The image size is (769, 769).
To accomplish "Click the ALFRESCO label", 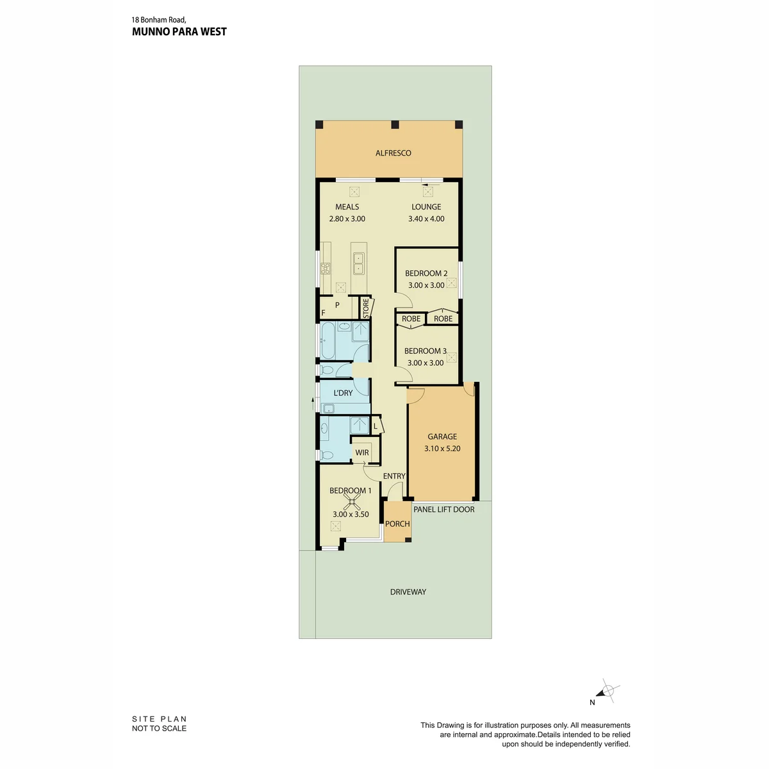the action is tap(393, 153).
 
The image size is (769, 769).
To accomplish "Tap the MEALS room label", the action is tap(347, 207).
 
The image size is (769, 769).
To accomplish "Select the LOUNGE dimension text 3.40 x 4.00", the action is tap(426, 219).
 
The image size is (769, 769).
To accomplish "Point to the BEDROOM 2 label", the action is tap(426, 274).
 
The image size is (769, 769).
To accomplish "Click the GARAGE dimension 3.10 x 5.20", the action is tap(442, 448).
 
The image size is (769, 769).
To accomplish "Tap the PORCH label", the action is tap(397, 524).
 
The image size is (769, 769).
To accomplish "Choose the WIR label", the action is tap(362, 452).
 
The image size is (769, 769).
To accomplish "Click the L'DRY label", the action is tap(343, 393).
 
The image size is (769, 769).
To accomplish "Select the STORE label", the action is tap(366, 308).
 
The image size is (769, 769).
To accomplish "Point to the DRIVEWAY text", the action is tap(408, 592).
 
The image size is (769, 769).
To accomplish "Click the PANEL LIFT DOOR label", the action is tap(443, 509).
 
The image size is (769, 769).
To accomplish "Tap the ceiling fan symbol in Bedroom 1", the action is tap(351, 502).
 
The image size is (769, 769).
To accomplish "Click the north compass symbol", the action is tap(608, 701).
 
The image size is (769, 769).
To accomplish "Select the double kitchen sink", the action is tap(359, 263).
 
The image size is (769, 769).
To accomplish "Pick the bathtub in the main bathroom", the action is tap(328, 340).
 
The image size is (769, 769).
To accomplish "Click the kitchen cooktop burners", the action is tap(326, 268).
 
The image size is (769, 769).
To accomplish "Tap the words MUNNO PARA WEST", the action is tap(179, 32).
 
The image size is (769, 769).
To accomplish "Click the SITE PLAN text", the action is tap(159, 719).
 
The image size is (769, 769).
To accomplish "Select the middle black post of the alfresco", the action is tap(395, 124).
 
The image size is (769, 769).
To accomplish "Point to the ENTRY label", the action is tap(394, 476).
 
